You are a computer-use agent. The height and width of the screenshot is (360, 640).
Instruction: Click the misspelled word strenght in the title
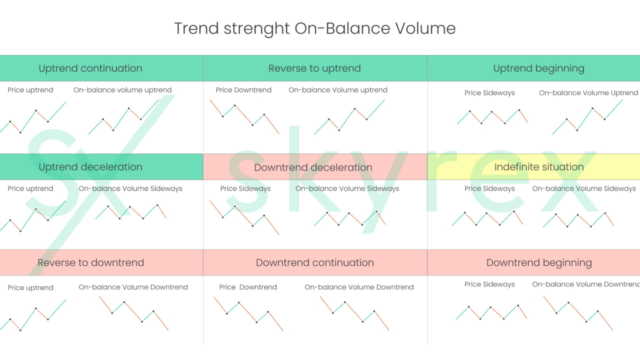256,28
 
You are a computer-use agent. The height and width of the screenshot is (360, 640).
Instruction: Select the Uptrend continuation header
90,68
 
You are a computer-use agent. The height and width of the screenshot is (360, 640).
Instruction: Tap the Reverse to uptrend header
314,68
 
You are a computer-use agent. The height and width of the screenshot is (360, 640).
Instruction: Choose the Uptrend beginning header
538,68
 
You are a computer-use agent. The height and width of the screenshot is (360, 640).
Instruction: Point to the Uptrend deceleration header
90,167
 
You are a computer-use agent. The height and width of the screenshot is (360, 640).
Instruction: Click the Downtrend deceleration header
313,167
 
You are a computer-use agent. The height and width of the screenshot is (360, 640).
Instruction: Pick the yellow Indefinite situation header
538,167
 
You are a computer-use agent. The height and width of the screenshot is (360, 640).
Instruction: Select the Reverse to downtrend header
90,262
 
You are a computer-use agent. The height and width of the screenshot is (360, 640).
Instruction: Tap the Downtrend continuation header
314,262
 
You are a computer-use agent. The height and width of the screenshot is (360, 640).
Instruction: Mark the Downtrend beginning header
538,262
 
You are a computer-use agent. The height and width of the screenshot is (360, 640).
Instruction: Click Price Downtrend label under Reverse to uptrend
243,90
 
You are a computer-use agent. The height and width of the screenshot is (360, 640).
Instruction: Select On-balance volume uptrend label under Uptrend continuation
122,90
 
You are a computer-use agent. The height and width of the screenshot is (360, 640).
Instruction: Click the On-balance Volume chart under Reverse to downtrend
133,313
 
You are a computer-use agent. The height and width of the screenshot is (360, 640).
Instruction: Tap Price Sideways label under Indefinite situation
489,188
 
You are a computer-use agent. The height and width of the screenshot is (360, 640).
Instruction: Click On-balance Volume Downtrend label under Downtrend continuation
359,287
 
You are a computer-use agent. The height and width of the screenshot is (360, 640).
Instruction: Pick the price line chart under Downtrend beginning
491,312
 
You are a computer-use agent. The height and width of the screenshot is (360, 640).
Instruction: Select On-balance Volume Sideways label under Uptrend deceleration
130,188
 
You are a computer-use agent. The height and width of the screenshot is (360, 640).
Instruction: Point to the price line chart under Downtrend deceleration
244,217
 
